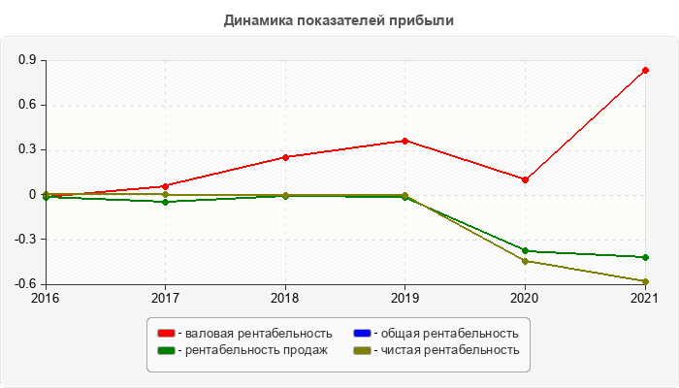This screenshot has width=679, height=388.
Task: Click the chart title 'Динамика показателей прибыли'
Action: point(339,20)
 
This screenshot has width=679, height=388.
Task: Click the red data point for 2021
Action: point(645,70)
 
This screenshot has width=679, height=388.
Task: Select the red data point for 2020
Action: point(525,179)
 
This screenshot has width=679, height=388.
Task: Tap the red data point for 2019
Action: point(404,141)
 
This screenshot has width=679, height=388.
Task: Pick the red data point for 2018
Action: point(285,157)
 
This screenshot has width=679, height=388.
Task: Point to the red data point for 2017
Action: point(165,186)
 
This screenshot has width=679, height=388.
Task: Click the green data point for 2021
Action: point(645,257)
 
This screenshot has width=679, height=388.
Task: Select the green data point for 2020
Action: point(525,250)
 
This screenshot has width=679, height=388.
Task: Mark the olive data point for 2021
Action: point(645,281)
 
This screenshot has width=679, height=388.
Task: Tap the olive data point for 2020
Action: point(525,261)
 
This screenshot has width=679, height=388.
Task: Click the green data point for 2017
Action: point(165,202)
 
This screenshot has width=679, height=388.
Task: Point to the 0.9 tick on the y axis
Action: point(27,60)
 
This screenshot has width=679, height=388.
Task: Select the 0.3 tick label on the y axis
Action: point(27,149)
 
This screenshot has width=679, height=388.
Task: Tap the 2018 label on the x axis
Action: point(285,298)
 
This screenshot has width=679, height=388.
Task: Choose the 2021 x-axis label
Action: point(645,298)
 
